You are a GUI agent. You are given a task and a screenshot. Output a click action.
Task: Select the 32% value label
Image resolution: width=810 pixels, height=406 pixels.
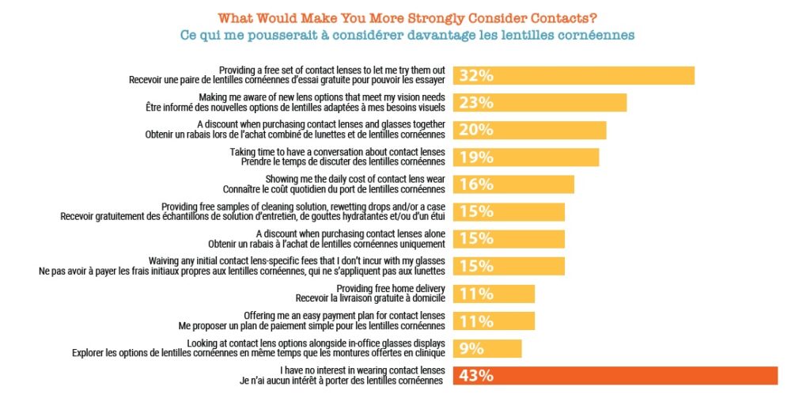pyautogui.click(x=477, y=75)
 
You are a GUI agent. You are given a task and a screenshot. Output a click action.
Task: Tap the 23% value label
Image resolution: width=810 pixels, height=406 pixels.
pyautogui.click(x=477, y=103)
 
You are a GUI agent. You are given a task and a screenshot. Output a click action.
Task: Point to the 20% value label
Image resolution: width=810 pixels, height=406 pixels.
pyautogui.click(x=477, y=130)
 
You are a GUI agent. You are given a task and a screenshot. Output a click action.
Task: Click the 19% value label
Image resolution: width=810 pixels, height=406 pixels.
pyautogui.click(x=477, y=157)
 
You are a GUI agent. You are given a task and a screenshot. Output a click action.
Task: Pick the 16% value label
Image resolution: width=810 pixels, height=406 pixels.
pyautogui.click(x=477, y=184)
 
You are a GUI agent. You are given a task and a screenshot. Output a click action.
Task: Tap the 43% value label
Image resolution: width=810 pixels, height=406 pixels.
pyautogui.click(x=477, y=376)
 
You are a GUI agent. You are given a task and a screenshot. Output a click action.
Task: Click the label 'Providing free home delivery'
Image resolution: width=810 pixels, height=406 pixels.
pyautogui.click(x=391, y=288)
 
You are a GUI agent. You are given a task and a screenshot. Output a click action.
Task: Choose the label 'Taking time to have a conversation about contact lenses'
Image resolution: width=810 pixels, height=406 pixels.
pyautogui.click(x=338, y=151)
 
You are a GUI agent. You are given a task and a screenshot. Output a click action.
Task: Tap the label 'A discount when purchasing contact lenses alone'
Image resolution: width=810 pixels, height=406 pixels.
pyautogui.click(x=350, y=233)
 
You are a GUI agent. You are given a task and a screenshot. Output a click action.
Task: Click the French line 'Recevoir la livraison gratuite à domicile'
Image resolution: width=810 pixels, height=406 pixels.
pyautogui.click(x=370, y=298)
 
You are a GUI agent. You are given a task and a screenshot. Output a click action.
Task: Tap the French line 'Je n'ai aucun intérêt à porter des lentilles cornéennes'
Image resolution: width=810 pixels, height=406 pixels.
pyautogui.click(x=341, y=381)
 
